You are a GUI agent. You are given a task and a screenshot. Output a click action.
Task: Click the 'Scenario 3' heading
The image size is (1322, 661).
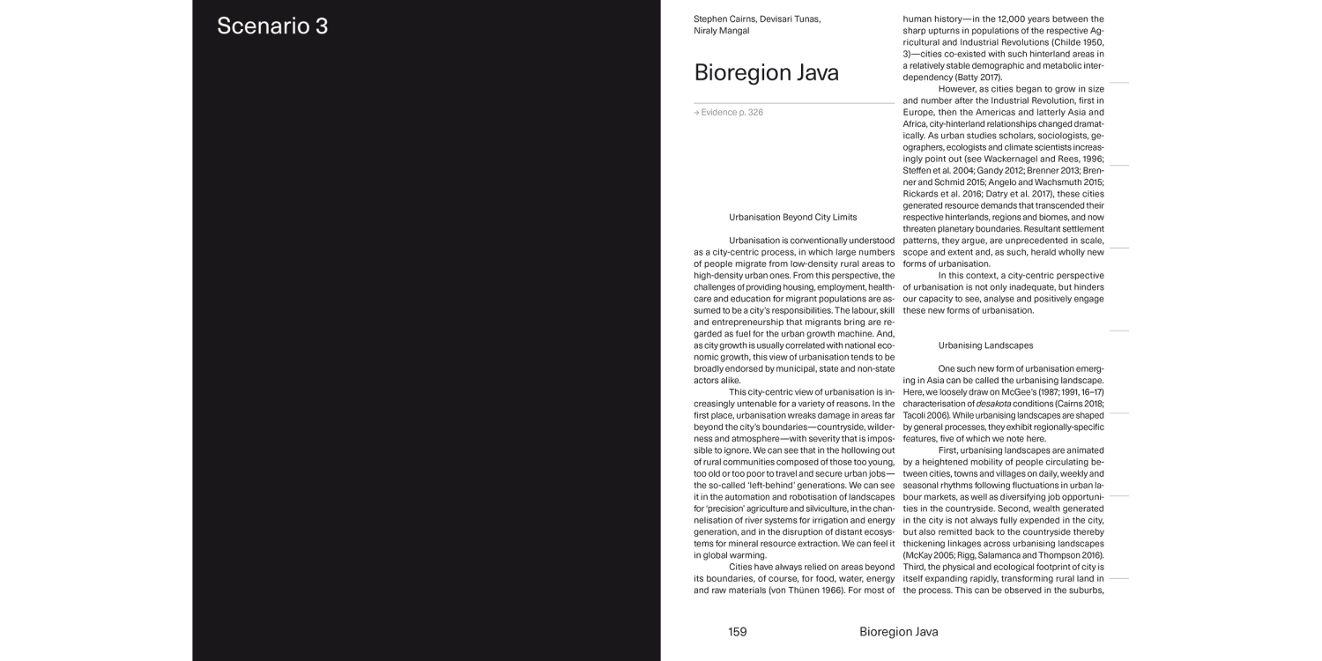(272, 26)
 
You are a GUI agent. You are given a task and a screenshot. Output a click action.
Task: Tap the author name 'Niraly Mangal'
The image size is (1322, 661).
(722, 31)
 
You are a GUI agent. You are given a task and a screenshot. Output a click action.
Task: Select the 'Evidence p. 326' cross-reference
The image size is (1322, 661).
(729, 113)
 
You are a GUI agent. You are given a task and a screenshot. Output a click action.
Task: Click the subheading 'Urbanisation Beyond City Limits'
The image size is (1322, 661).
(792, 217)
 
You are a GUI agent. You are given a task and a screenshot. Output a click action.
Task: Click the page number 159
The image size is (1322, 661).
(737, 632)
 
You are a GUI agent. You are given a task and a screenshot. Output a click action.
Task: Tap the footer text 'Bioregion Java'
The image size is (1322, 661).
(898, 632)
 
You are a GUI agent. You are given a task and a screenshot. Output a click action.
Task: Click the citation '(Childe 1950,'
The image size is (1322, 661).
(1073, 42)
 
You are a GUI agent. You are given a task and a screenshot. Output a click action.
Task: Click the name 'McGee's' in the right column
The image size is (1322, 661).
(1022, 391)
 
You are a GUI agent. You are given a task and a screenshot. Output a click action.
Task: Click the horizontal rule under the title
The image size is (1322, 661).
(793, 103)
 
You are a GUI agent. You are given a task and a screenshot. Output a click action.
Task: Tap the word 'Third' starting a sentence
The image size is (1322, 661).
(916, 567)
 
